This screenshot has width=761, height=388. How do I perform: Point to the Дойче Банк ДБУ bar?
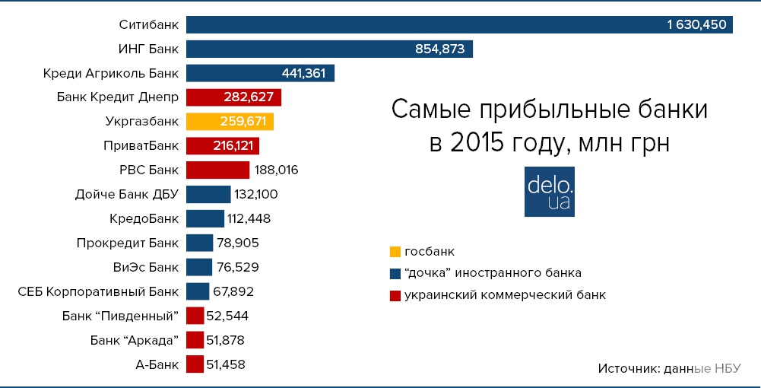[208, 194]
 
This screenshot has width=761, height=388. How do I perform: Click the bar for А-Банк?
[195, 364]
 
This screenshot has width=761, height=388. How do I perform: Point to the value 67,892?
[233, 291]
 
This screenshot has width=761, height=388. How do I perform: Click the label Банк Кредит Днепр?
[118, 97]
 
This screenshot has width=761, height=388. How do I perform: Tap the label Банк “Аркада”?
[134, 340]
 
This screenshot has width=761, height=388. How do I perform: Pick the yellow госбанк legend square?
[394, 251]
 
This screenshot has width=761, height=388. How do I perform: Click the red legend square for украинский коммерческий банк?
[394, 294]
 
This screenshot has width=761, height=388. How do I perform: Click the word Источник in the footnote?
[628, 368]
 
